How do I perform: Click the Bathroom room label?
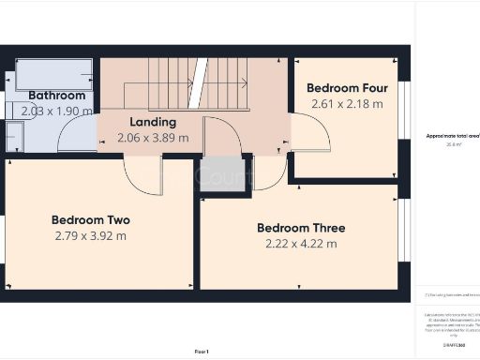56,96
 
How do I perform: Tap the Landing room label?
152,122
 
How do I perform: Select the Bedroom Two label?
91,220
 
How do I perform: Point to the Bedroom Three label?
301,228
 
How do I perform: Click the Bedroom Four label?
346,88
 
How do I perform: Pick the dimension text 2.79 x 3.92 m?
91,236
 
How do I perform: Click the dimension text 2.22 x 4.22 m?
301,244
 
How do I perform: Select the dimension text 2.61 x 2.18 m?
346,104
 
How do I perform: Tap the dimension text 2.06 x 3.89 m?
153,138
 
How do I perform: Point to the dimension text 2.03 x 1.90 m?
57,111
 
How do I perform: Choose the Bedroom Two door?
142,176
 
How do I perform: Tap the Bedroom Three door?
270,173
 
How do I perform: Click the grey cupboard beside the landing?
222,174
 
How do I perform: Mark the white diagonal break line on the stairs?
198,82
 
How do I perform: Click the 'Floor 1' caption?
202,351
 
